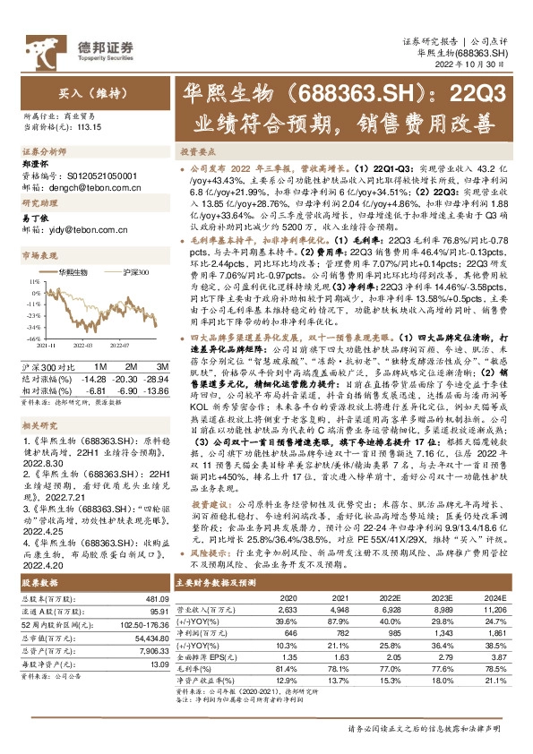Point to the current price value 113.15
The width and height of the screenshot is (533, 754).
pos(88,127)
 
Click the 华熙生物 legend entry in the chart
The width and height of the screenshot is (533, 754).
pos(73,270)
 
